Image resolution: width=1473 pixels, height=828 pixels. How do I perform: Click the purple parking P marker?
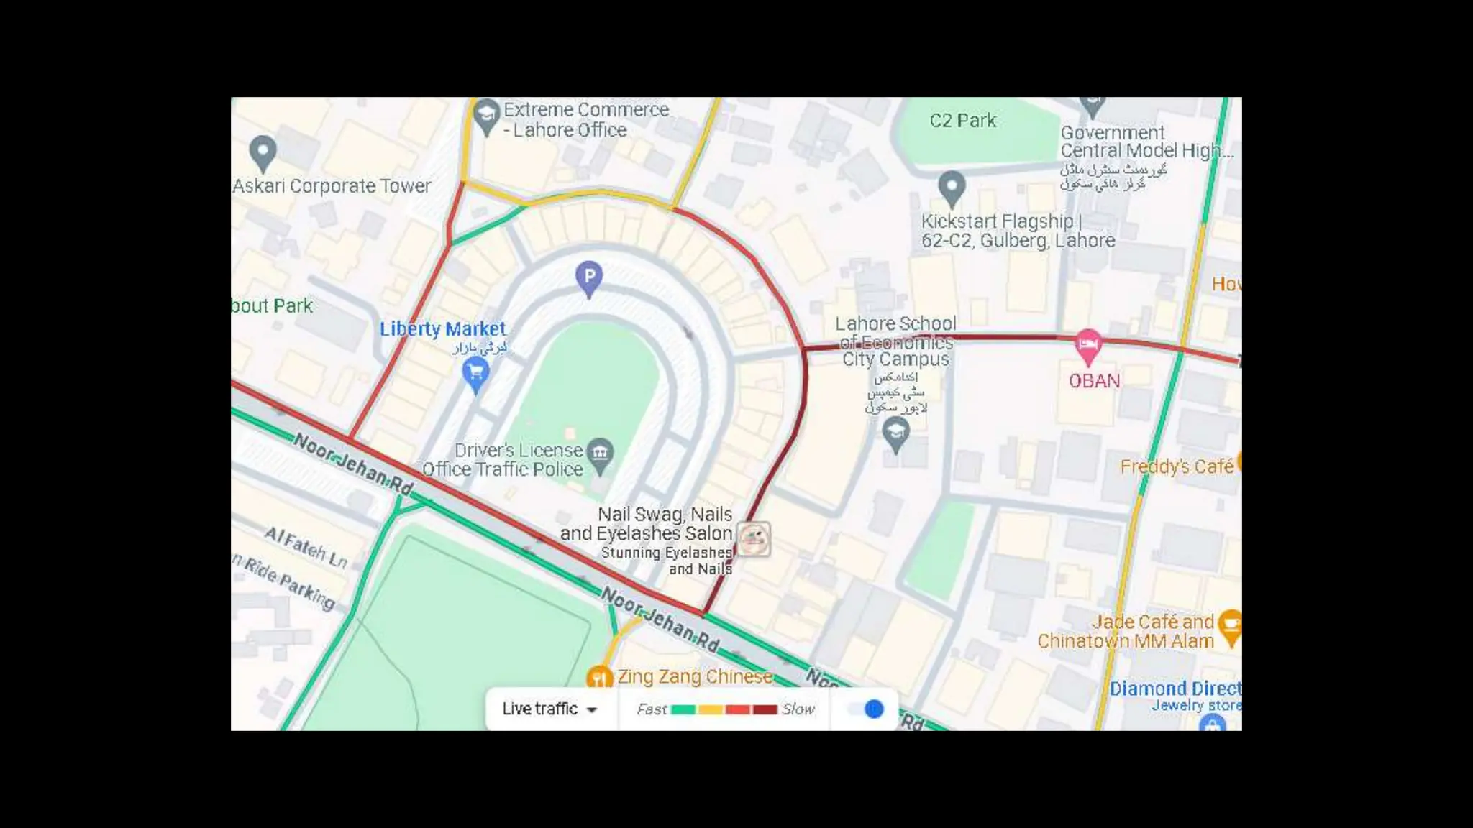[589, 276]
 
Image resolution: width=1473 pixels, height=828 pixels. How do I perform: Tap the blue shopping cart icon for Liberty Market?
[475, 372]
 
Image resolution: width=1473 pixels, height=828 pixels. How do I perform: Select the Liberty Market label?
[443, 329]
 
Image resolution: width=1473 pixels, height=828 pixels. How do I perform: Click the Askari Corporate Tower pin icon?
[263, 151]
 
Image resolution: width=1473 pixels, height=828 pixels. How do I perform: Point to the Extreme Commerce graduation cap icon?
[487, 114]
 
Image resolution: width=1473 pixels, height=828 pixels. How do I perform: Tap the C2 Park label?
[962, 121]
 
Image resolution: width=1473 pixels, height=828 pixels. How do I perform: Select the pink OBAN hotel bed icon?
[1087, 345]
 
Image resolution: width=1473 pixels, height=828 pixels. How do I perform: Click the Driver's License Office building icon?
[600, 453]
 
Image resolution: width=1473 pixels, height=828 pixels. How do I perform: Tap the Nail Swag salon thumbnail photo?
[754, 539]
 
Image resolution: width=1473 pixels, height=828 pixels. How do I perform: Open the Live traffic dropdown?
[550, 709]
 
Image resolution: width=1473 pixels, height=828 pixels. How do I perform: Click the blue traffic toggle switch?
[867, 709]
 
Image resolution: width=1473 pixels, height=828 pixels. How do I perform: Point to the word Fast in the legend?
[652, 709]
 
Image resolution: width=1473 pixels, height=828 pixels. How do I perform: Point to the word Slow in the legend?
[798, 709]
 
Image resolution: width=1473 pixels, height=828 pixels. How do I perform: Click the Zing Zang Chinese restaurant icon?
[598, 677]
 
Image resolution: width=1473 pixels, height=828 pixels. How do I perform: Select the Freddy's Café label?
[1177, 467]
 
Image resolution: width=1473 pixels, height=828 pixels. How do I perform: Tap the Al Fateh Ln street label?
[306, 547]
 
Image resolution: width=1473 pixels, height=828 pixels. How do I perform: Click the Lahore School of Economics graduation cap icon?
[895, 433]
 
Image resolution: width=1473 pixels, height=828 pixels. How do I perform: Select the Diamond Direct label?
[1175, 689]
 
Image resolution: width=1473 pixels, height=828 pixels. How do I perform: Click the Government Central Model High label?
[1144, 142]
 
